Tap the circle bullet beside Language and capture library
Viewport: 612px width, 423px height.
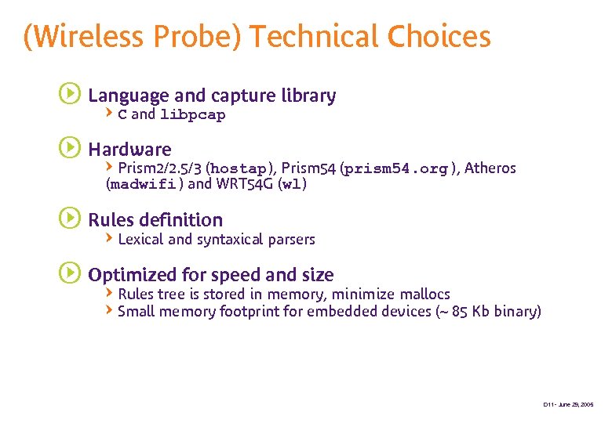pos(69,95)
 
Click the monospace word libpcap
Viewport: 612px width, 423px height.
pos(192,115)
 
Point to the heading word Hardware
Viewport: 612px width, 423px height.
pos(129,149)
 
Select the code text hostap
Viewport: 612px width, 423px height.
pos(239,168)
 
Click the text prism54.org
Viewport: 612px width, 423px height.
pos(395,168)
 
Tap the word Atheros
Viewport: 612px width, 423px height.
pos(490,168)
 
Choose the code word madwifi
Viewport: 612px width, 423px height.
pos(143,185)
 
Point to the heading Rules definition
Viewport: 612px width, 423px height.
pos(155,219)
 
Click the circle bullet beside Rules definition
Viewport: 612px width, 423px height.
pos(69,219)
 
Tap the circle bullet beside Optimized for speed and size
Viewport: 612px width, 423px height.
pos(69,273)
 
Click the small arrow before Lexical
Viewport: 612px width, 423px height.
pos(110,238)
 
